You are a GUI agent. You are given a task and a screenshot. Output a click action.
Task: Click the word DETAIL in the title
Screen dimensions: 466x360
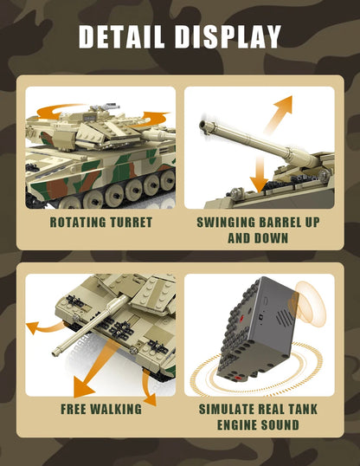125,36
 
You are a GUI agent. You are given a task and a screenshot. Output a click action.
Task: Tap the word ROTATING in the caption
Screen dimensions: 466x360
79,223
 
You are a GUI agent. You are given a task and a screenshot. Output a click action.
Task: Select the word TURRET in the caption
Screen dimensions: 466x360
131,223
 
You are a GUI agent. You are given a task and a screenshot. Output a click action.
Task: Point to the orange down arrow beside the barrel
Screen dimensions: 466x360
257,174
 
